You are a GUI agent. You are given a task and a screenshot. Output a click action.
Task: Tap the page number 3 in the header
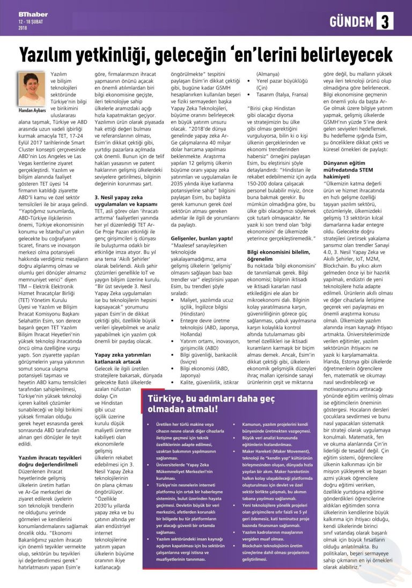pyautogui.click(x=385, y=21)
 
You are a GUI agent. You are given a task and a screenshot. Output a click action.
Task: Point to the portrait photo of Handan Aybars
pyautogui.click(x=32, y=88)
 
